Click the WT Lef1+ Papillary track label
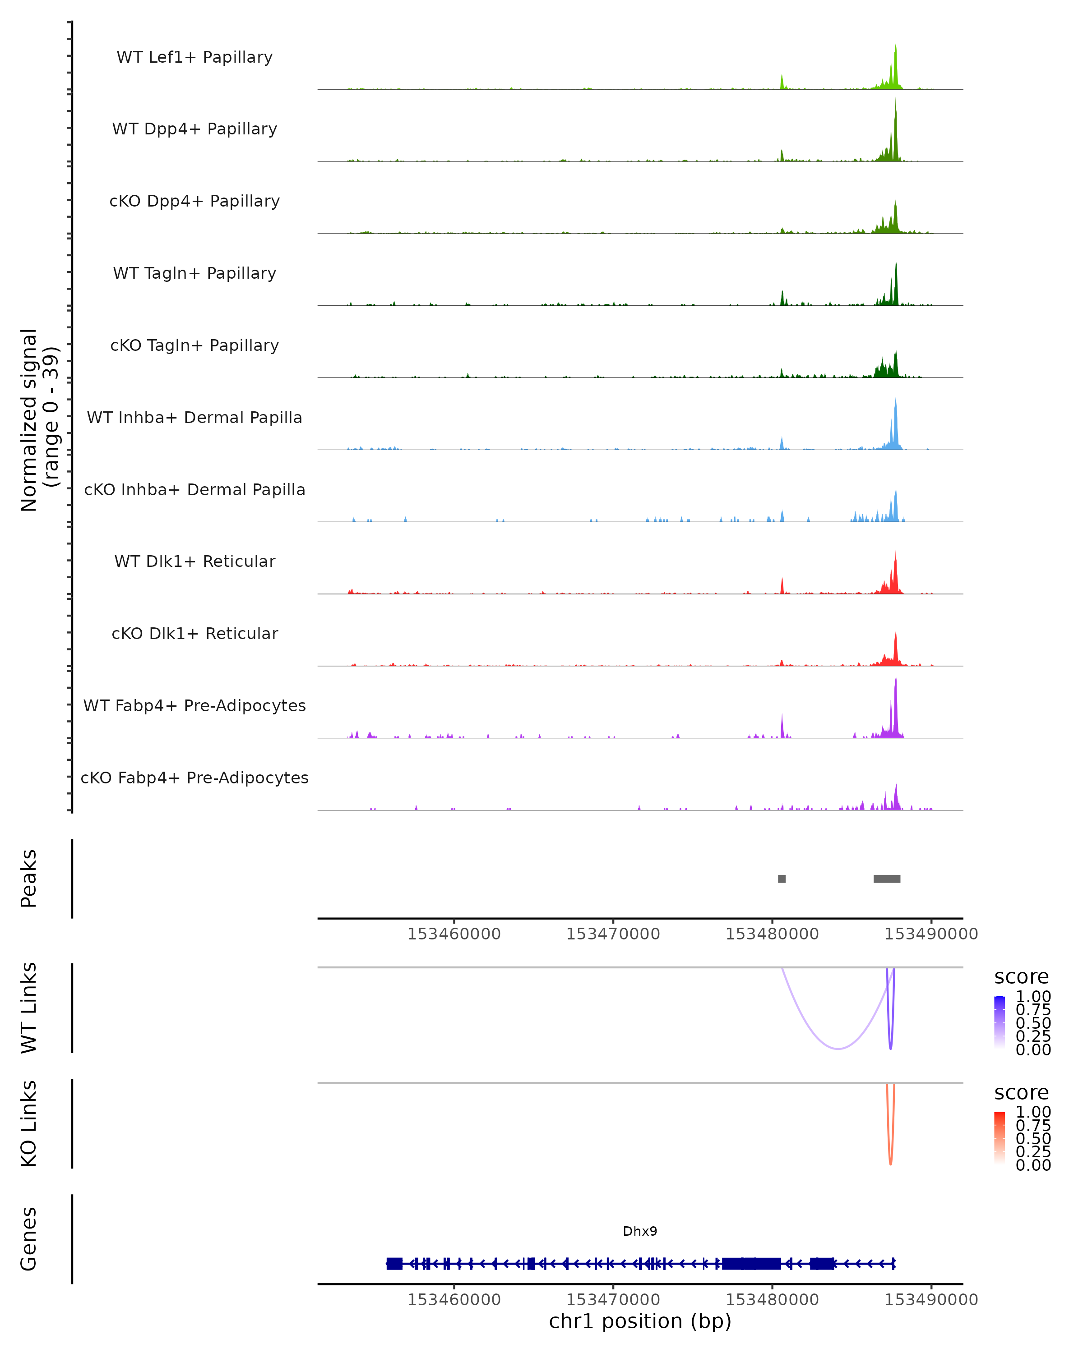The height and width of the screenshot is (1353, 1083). (x=194, y=57)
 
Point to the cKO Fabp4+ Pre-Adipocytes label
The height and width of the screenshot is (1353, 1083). (x=194, y=778)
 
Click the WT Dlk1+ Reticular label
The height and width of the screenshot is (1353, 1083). (x=194, y=561)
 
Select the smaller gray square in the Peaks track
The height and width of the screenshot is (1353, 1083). (x=782, y=879)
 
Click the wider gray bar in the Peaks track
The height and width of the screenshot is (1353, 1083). (x=887, y=879)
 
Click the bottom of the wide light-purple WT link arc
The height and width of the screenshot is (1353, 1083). (x=838, y=1048)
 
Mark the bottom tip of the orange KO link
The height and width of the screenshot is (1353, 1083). (x=890, y=1164)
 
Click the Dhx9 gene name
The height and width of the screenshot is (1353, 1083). (x=640, y=1231)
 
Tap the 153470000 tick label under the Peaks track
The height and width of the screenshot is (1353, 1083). (x=613, y=934)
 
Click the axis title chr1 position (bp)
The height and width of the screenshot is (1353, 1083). (x=640, y=1321)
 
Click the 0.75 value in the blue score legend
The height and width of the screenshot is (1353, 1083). (x=1033, y=1010)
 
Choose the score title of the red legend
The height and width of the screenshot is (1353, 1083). (x=1022, y=1093)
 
